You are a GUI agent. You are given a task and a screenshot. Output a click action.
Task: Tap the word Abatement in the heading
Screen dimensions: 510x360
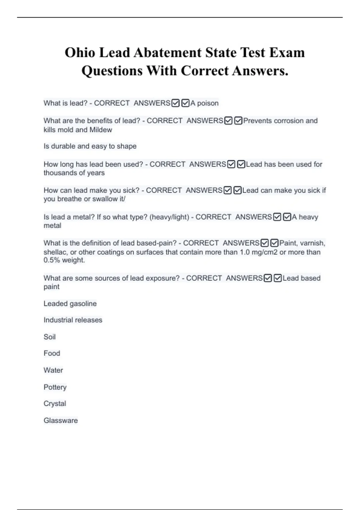click(167, 52)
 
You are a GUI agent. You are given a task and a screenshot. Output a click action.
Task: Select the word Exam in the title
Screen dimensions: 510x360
click(287, 52)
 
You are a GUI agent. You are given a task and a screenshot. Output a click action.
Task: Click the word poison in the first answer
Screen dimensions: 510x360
click(208, 103)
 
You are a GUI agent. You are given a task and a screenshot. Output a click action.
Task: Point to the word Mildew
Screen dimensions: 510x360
click(101, 130)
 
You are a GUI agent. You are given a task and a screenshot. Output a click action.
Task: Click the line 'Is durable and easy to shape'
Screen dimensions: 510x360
click(90, 146)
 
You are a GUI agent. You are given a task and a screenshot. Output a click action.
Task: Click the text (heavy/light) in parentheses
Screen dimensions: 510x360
click(169, 217)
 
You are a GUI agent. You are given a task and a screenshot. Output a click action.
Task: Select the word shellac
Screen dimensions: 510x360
click(55, 252)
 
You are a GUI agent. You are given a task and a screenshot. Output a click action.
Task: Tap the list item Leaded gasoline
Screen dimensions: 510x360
click(70, 304)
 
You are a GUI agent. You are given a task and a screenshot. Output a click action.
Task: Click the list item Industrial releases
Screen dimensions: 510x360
click(73, 320)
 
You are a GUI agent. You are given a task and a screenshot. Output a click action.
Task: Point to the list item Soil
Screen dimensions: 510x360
click(49, 337)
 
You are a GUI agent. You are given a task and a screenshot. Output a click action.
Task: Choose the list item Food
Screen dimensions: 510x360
click(52, 353)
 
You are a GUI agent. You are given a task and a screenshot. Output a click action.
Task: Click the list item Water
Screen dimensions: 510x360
click(53, 370)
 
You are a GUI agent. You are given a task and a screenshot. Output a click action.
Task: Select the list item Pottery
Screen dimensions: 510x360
click(55, 387)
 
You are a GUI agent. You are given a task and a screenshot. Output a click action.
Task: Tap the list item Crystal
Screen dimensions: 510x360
click(55, 403)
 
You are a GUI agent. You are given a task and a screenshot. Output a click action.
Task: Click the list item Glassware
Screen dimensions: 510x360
click(61, 420)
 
